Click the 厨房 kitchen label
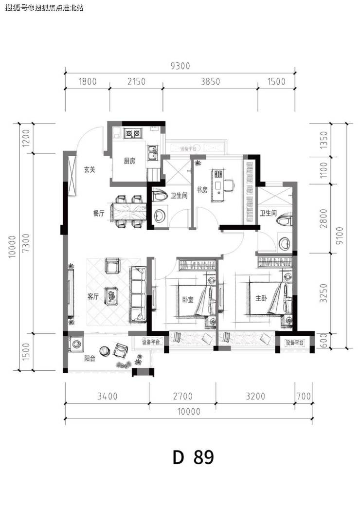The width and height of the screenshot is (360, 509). (129, 161)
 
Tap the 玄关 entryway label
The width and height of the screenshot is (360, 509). (90, 169)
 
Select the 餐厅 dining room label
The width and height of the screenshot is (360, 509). (99, 214)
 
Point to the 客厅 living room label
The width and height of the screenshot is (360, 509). (93, 296)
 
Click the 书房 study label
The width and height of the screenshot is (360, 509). (202, 190)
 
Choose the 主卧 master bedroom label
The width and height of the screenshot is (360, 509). (261, 298)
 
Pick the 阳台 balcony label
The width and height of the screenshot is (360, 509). (90, 359)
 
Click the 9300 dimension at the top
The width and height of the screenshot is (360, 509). (180, 66)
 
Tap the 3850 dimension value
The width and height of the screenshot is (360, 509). (210, 81)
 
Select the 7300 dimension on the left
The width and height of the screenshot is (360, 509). (27, 243)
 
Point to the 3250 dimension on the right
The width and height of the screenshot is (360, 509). (324, 293)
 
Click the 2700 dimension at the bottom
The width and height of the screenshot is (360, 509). (183, 397)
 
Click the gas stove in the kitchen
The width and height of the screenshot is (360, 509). (133, 133)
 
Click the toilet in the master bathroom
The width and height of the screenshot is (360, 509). (285, 220)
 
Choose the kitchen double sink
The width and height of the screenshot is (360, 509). (152, 153)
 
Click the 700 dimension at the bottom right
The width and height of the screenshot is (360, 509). (304, 397)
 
